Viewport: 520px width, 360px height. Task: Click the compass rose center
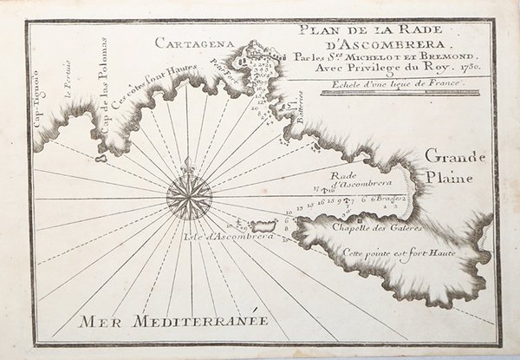(188, 198)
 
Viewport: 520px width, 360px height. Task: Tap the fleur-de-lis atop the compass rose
(188, 164)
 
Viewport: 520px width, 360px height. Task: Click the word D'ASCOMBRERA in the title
(386, 44)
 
